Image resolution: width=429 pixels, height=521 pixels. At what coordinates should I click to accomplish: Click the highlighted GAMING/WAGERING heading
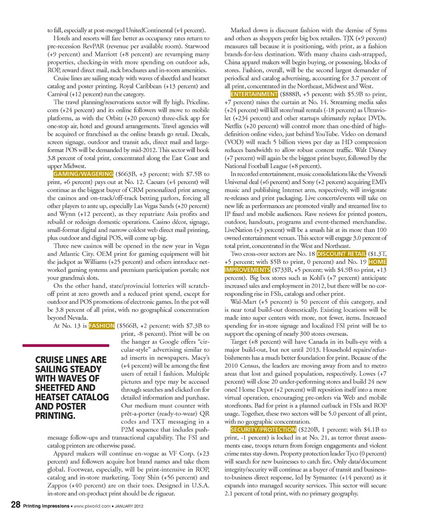click(83, 174)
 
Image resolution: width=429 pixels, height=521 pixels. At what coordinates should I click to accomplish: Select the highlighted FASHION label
click(101, 326)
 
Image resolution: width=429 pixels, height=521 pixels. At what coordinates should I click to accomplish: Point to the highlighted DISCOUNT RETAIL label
click(341, 254)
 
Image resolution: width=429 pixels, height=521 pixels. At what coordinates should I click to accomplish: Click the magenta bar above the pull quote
click(66, 345)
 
